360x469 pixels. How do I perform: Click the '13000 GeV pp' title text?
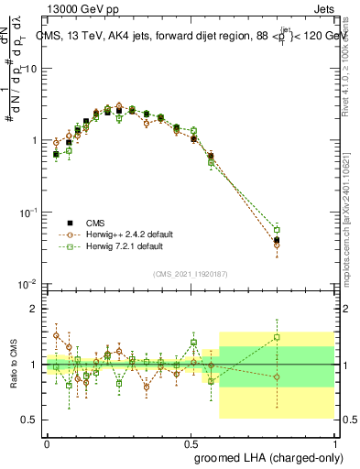81,11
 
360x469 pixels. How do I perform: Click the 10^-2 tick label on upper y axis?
28,283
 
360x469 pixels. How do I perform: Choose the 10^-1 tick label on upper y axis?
28,212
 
